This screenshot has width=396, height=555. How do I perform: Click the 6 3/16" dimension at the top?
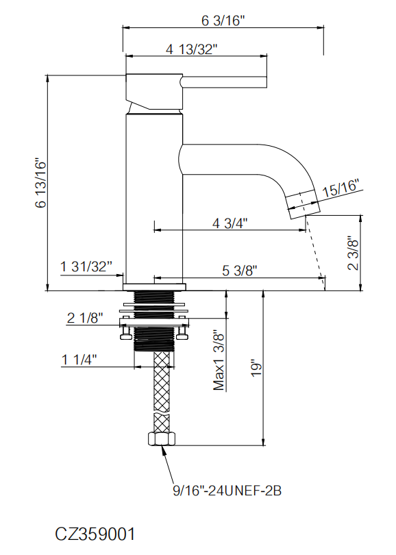[223, 21]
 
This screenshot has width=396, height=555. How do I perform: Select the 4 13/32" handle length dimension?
[191, 49]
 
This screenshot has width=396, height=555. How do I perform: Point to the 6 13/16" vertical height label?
[41, 183]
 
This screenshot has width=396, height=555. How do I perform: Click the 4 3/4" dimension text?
[230, 223]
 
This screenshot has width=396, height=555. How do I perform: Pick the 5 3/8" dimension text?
[240, 271]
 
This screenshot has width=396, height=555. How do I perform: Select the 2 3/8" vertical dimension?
[353, 254]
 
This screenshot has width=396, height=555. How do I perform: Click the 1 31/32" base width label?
[86, 267]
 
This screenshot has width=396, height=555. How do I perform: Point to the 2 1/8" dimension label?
[85, 318]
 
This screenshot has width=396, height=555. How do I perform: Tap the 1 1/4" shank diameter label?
[79, 360]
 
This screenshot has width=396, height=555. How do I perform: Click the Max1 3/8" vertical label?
[219, 360]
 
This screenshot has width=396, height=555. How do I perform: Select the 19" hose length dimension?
[256, 369]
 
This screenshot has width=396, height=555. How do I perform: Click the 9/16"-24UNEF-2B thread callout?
[227, 491]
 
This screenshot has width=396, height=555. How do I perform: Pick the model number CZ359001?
[95, 534]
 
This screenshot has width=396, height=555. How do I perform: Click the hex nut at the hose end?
[162, 439]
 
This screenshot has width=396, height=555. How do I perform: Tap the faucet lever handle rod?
[223, 82]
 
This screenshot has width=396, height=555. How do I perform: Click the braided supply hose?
[162, 392]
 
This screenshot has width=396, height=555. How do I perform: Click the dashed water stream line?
[315, 249]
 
